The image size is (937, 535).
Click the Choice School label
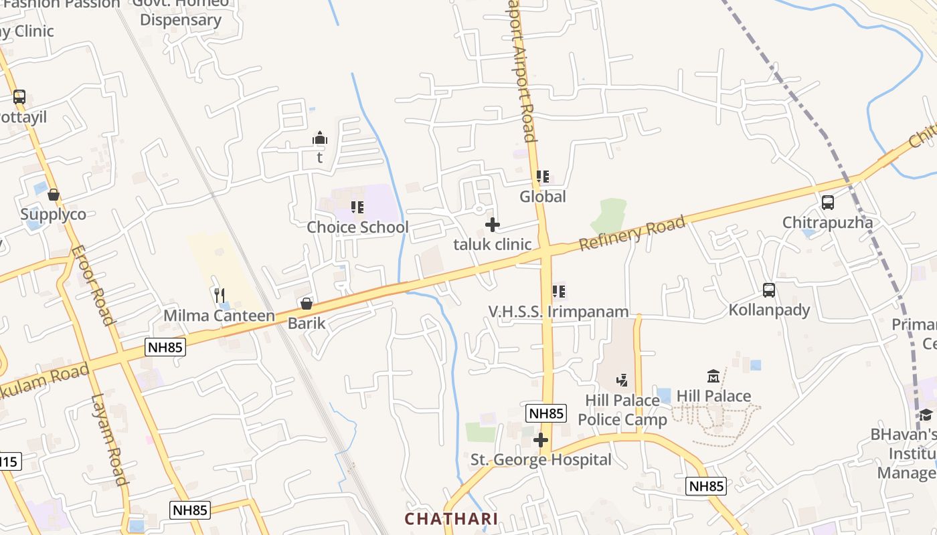click(x=357, y=227)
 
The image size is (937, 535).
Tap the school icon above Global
click(x=543, y=177)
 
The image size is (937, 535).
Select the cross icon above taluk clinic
click(x=493, y=225)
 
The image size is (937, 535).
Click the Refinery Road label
click(x=632, y=233)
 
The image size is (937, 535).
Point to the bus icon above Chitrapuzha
click(x=828, y=203)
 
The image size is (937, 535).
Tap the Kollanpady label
click(x=769, y=310)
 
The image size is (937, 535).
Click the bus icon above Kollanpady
click(x=769, y=290)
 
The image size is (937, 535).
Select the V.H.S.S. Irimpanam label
click(x=558, y=312)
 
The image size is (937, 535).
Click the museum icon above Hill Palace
click(x=713, y=377)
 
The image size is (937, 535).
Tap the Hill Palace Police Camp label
click(x=622, y=410)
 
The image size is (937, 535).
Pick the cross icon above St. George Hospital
click(x=541, y=440)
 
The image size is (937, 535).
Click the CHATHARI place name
click(x=451, y=519)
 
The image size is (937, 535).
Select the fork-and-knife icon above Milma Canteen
click(x=220, y=295)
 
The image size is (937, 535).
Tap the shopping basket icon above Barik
click(x=307, y=304)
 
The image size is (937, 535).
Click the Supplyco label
click(x=53, y=215)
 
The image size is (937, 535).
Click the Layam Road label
click(x=109, y=439)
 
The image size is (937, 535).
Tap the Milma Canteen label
click(x=220, y=316)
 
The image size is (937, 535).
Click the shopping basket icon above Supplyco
click(x=53, y=195)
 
